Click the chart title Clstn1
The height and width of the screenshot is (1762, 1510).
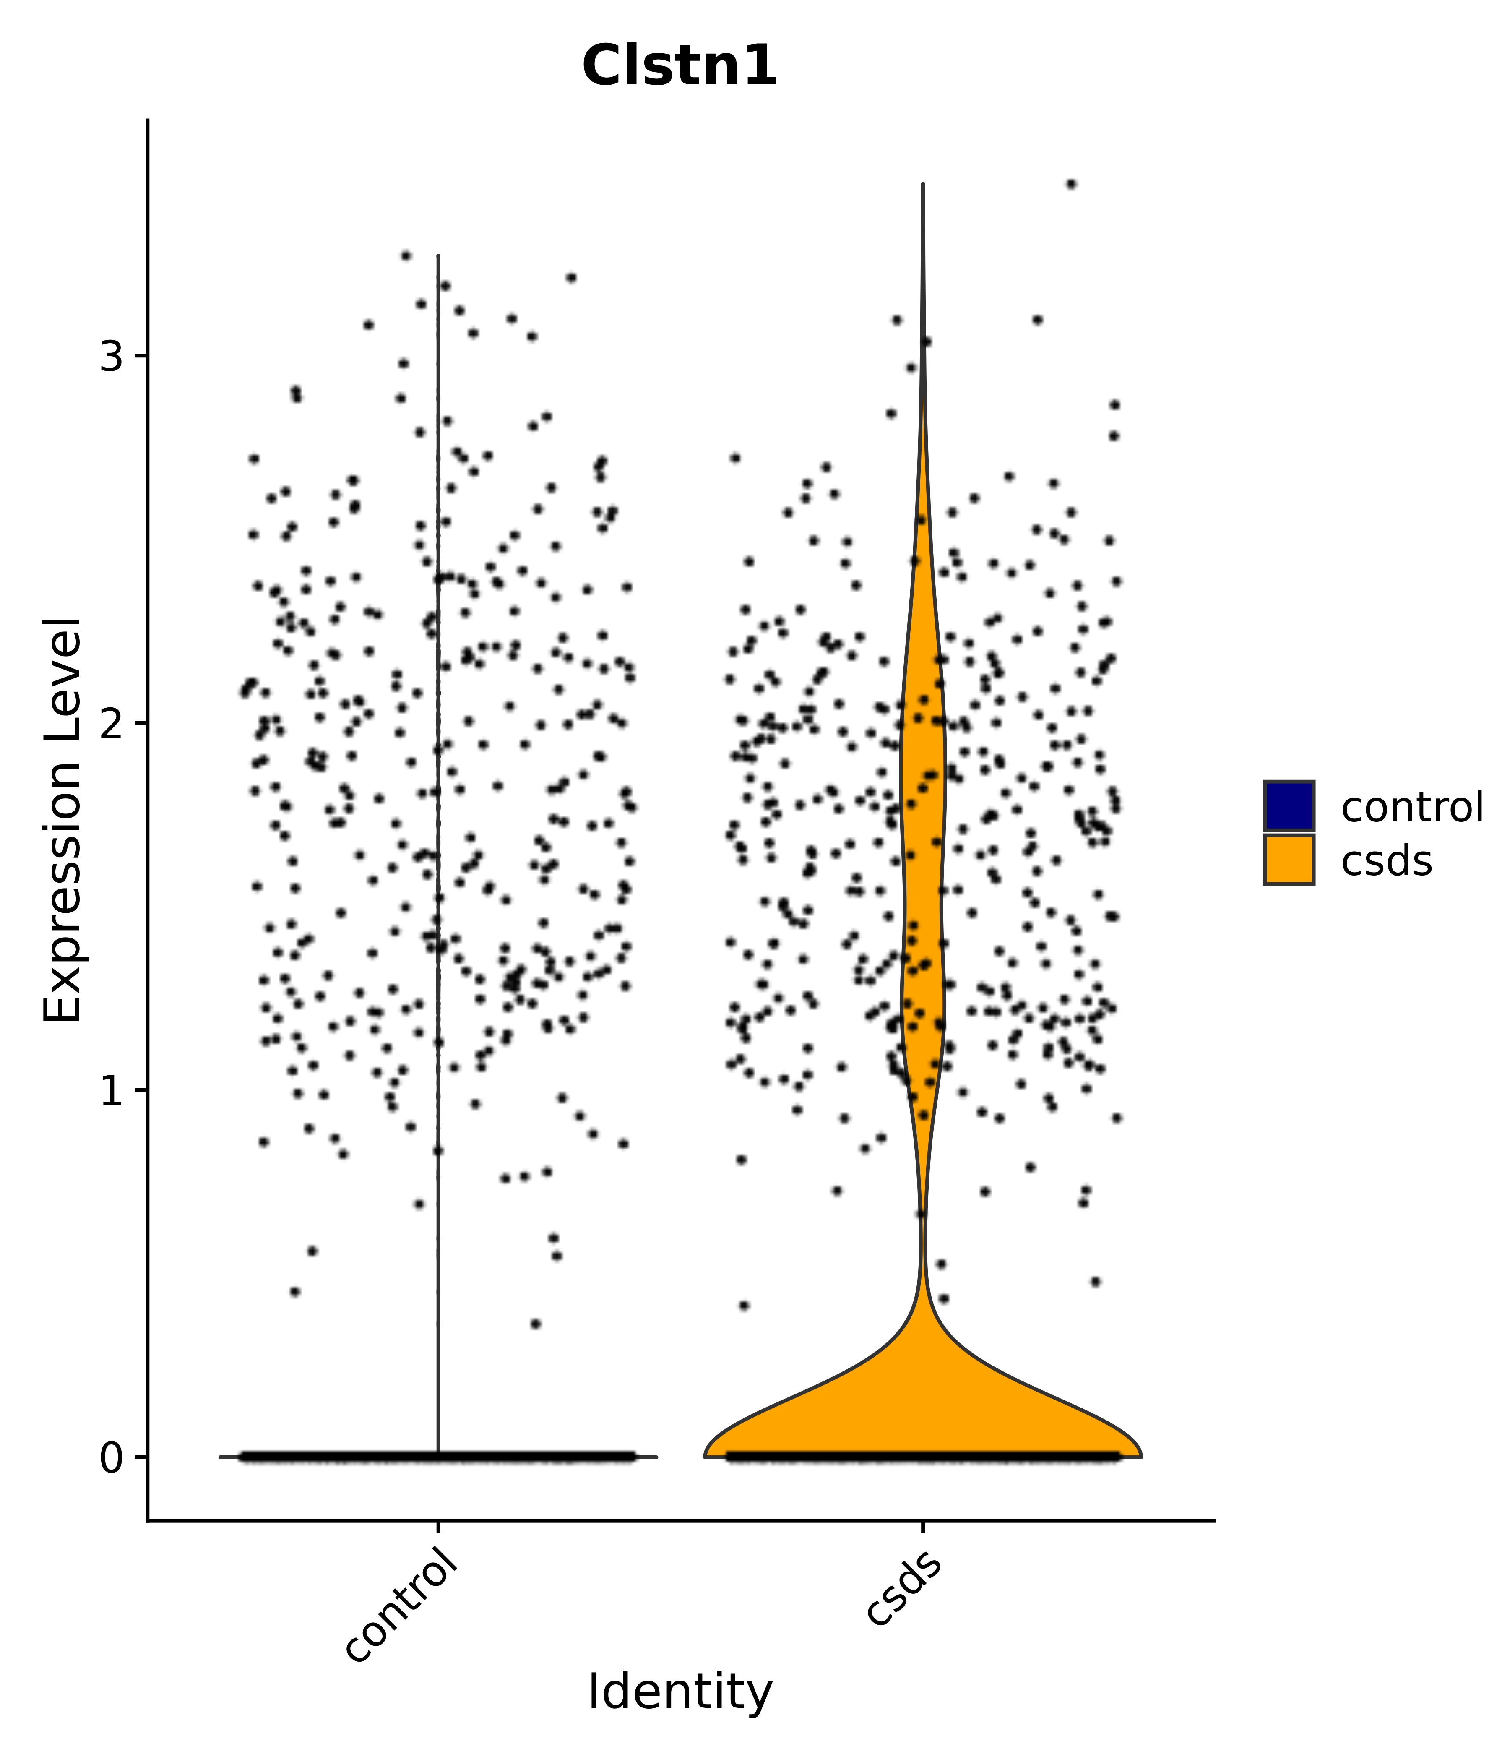pyautogui.click(x=679, y=66)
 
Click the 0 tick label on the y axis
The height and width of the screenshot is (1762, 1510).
pyautogui.click(x=112, y=1457)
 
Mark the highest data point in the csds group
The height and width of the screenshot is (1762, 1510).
pyautogui.click(x=1071, y=185)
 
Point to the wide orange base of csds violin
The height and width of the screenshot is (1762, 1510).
pyautogui.click(x=922, y=1412)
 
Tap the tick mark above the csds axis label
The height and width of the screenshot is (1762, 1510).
pyautogui.click(x=922, y=1528)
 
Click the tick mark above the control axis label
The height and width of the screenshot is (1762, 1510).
pyautogui.click(x=438, y=1528)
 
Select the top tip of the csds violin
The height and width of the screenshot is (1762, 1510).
pyautogui.click(x=922, y=185)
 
